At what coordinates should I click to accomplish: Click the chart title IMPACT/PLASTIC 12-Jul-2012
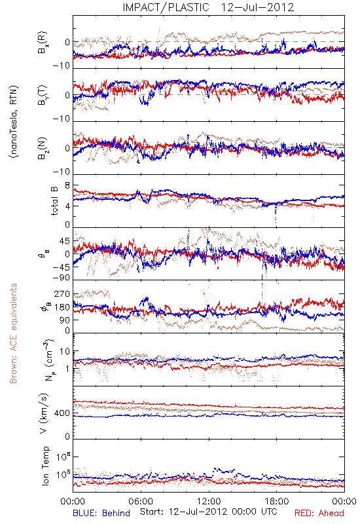tap(208, 7)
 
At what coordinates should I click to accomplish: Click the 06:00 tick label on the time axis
tap(141, 501)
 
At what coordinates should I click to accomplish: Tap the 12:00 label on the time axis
tap(209, 501)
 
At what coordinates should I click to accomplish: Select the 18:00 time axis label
tap(277, 501)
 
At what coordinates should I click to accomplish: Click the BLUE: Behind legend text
tap(101, 513)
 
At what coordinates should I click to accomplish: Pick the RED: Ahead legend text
tap(319, 513)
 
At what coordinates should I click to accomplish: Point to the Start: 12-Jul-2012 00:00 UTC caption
tap(208, 512)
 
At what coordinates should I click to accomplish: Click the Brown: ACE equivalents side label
tap(13, 333)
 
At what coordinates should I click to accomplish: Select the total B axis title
tap(54, 201)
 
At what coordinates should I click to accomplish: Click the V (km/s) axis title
tap(44, 413)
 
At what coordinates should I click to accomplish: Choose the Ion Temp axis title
tap(45, 466)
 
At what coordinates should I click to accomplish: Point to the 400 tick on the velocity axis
tap(62, 413)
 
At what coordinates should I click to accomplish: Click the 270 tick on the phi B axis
tap(62, 294)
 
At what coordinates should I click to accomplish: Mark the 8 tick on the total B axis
tap(67, 185)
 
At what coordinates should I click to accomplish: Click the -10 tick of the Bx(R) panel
tap(62, 66)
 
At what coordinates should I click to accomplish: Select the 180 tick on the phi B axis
tap(62, 307)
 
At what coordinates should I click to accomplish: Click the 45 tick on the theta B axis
tap(65, 241)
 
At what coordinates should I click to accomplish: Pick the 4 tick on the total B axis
tap(67, 206)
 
